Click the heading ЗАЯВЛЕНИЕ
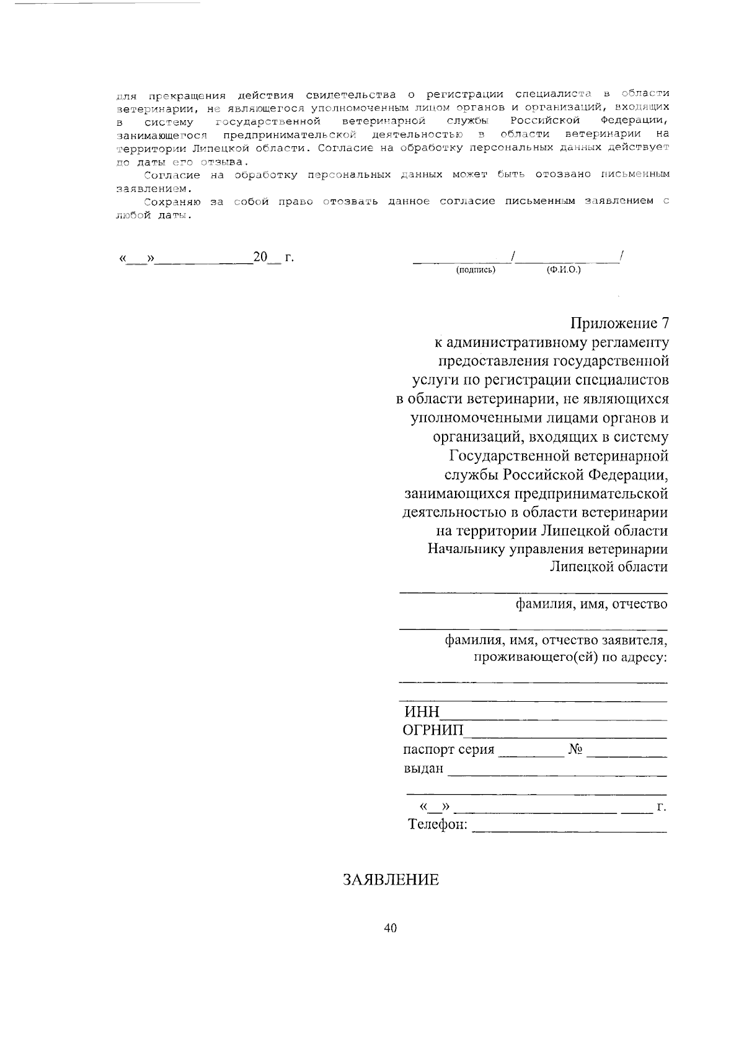391,880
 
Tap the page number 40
390,927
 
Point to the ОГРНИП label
433,732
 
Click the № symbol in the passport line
575,750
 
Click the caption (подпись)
476,270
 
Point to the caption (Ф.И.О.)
563,270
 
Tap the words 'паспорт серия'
448,750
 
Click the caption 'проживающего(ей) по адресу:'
570,657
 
